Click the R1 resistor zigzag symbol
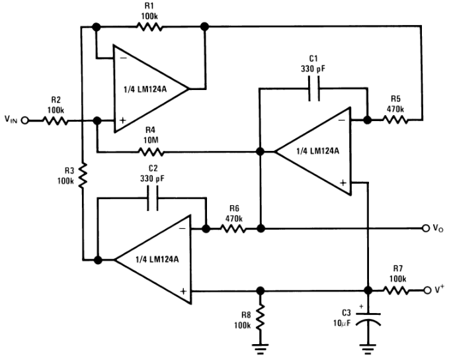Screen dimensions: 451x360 pyautogui.click(x=149, y=27)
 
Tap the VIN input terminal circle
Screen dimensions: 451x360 pyautogui.click(x=25, y=120)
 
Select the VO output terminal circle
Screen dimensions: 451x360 pyautogui.click(x=426, y=228)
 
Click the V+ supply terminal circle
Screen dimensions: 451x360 pyautogui.click(x=427, y=291)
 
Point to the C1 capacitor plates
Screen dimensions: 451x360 pyautogui.click(x=314, y=89)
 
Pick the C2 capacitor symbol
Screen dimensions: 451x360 pyautogui.click(x=153, y=198)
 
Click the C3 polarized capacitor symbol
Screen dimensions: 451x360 pyautogui.click(x=368, y=319)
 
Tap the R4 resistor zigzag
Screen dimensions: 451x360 pyautogui.click(x=151, y=152)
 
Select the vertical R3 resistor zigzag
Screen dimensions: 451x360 pyautogui.click(x=83, y=176)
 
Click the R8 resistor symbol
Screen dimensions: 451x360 pyautogui.click(x=261, y=318)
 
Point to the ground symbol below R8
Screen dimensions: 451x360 pyautogui.click(x=261, y=349)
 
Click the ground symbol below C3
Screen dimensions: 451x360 pyautogui.click(x=368, y=349)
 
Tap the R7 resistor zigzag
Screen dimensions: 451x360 pyautogui.click(x=396, y=291)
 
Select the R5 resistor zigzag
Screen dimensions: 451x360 pyautogui.click(x=395, y=120)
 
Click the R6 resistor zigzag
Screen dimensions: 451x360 pyautogui.click(x=233, y=229)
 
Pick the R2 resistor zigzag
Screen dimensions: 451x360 pyautogui.click(x=56, y=120)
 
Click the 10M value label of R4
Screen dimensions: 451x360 pyautogui.click(x=151, y=140)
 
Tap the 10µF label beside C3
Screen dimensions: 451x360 pyautogui.click(x=342, y=323)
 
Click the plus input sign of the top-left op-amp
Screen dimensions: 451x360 pyautogui.click(x=123, y=120)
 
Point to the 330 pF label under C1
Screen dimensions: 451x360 pyautogui.click(x=313, y=69)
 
